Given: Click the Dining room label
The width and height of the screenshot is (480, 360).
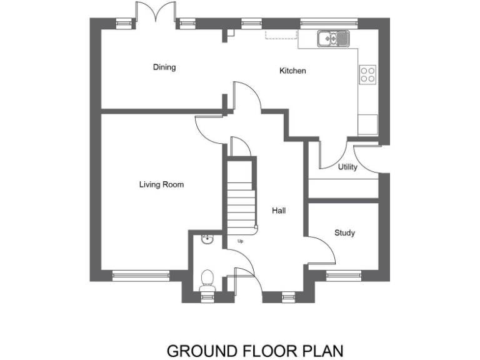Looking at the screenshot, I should tap(164, 67).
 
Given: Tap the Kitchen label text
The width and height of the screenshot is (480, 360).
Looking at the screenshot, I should tap(292, 71).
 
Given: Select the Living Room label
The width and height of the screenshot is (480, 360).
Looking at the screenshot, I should tap(161, 184).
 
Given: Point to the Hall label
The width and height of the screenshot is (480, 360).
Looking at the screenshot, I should tap(279, 211).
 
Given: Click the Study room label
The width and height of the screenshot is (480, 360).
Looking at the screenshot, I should tap(344, 233).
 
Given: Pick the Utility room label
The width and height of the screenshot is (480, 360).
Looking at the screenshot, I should tap(347, 167).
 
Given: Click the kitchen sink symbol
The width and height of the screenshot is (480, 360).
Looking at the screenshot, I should tap(336, 39).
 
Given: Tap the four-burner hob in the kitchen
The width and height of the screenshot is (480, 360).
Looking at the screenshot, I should tap(368, 75).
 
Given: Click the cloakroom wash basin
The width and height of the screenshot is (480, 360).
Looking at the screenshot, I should tap(207, 239).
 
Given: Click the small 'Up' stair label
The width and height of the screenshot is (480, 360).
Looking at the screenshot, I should tap(240, 241).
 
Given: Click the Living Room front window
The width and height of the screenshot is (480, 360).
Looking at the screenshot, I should tap(141, 273).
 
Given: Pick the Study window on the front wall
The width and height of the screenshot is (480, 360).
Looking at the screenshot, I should tap(344, 273).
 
